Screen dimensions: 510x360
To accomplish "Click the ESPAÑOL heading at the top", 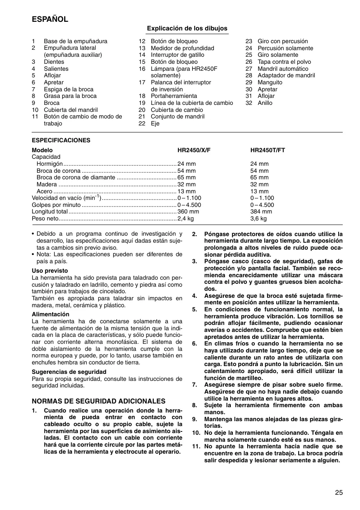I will (x=50, y=19).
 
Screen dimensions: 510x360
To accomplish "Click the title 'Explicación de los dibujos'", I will (x=187, y=28).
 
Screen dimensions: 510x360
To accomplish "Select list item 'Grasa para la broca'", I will (x=70, y=96).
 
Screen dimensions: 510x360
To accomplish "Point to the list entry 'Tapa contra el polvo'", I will (x=284, y=62).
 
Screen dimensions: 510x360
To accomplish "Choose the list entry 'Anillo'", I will (x=265, y=103).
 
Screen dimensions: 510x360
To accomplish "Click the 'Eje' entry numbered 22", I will (x=155, y=123).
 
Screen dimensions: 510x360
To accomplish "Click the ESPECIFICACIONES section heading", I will (x=61, y=140).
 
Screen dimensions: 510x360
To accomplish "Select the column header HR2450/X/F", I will (x=194, y=151).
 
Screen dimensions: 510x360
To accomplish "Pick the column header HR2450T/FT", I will (x=267, y=151).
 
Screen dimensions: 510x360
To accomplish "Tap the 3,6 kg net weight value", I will (x=258, y=219).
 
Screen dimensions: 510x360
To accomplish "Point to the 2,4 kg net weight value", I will (x=186, y=219).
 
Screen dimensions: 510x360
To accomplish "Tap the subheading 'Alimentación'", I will (x=51, y=314).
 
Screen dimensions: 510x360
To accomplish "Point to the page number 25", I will (x=339, y=492).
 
